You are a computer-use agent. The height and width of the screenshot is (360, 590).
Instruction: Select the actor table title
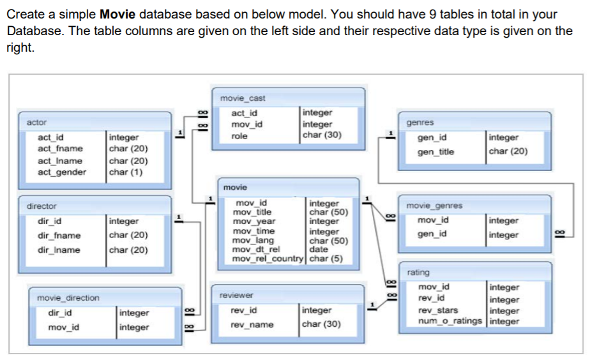(x=36, y=122)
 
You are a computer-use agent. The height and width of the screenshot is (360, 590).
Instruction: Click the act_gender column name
(x=62, y=172)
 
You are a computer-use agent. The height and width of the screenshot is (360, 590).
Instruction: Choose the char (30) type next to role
(x=322, y=135)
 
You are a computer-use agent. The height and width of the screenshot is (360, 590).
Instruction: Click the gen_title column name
(x=435, y=152)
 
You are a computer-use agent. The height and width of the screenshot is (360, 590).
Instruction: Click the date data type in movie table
(x=319, y=250)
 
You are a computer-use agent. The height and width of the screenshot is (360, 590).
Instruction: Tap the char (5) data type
(x=326, y=259)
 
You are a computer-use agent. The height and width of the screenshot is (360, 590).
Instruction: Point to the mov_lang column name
(x=253, y=241)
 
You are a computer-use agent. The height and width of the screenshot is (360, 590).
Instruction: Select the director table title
(x=42, y=206)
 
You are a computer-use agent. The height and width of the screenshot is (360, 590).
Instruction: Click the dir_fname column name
(x=59, y=236)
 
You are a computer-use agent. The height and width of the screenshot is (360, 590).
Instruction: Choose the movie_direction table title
(x=68, y=298)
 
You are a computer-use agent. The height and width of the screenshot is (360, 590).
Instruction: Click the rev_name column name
(x=252, y=325)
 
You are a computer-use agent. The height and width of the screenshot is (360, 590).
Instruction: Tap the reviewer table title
(x=236, y=296)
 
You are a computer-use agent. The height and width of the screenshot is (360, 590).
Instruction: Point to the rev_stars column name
(x=437, y=311)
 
